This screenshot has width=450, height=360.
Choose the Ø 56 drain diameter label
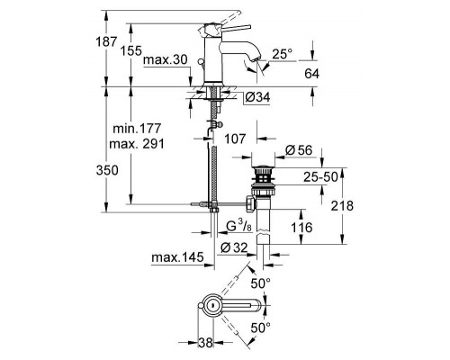click(x=297, y=148)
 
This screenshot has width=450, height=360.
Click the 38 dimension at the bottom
click(x=207, y=342)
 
